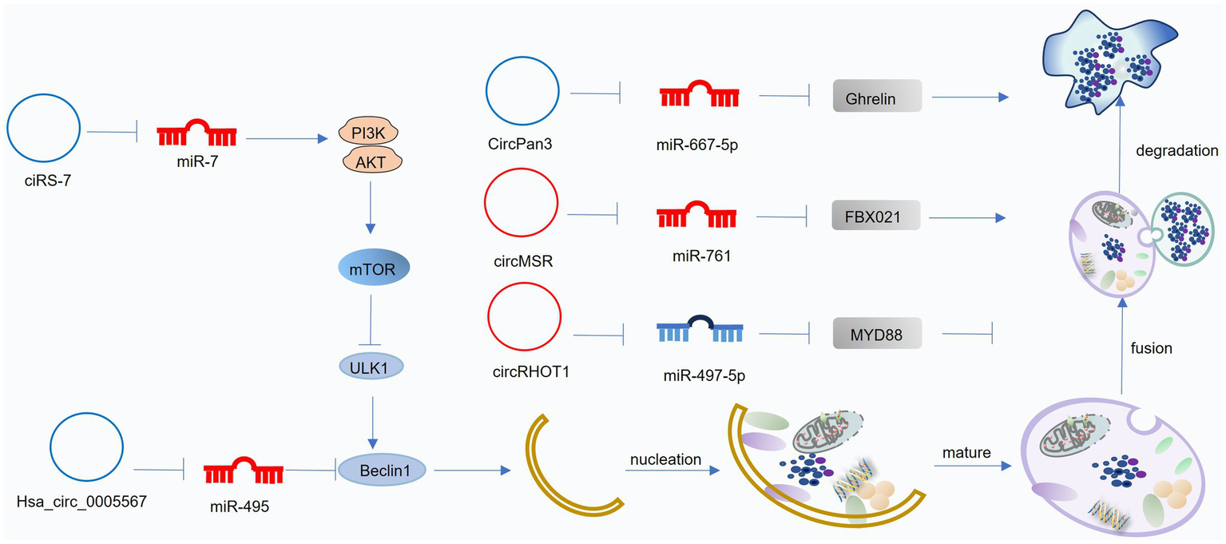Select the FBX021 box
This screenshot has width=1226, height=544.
(x=875, y=216)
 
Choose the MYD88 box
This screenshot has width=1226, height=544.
(x=877, y=335)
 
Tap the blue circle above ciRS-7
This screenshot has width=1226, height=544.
(x=43, y=128)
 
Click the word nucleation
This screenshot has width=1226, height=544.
(x=665, y=459)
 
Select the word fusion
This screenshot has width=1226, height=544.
(x=1151, y=348)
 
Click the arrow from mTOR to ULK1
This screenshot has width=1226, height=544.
(x=369, y=319)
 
